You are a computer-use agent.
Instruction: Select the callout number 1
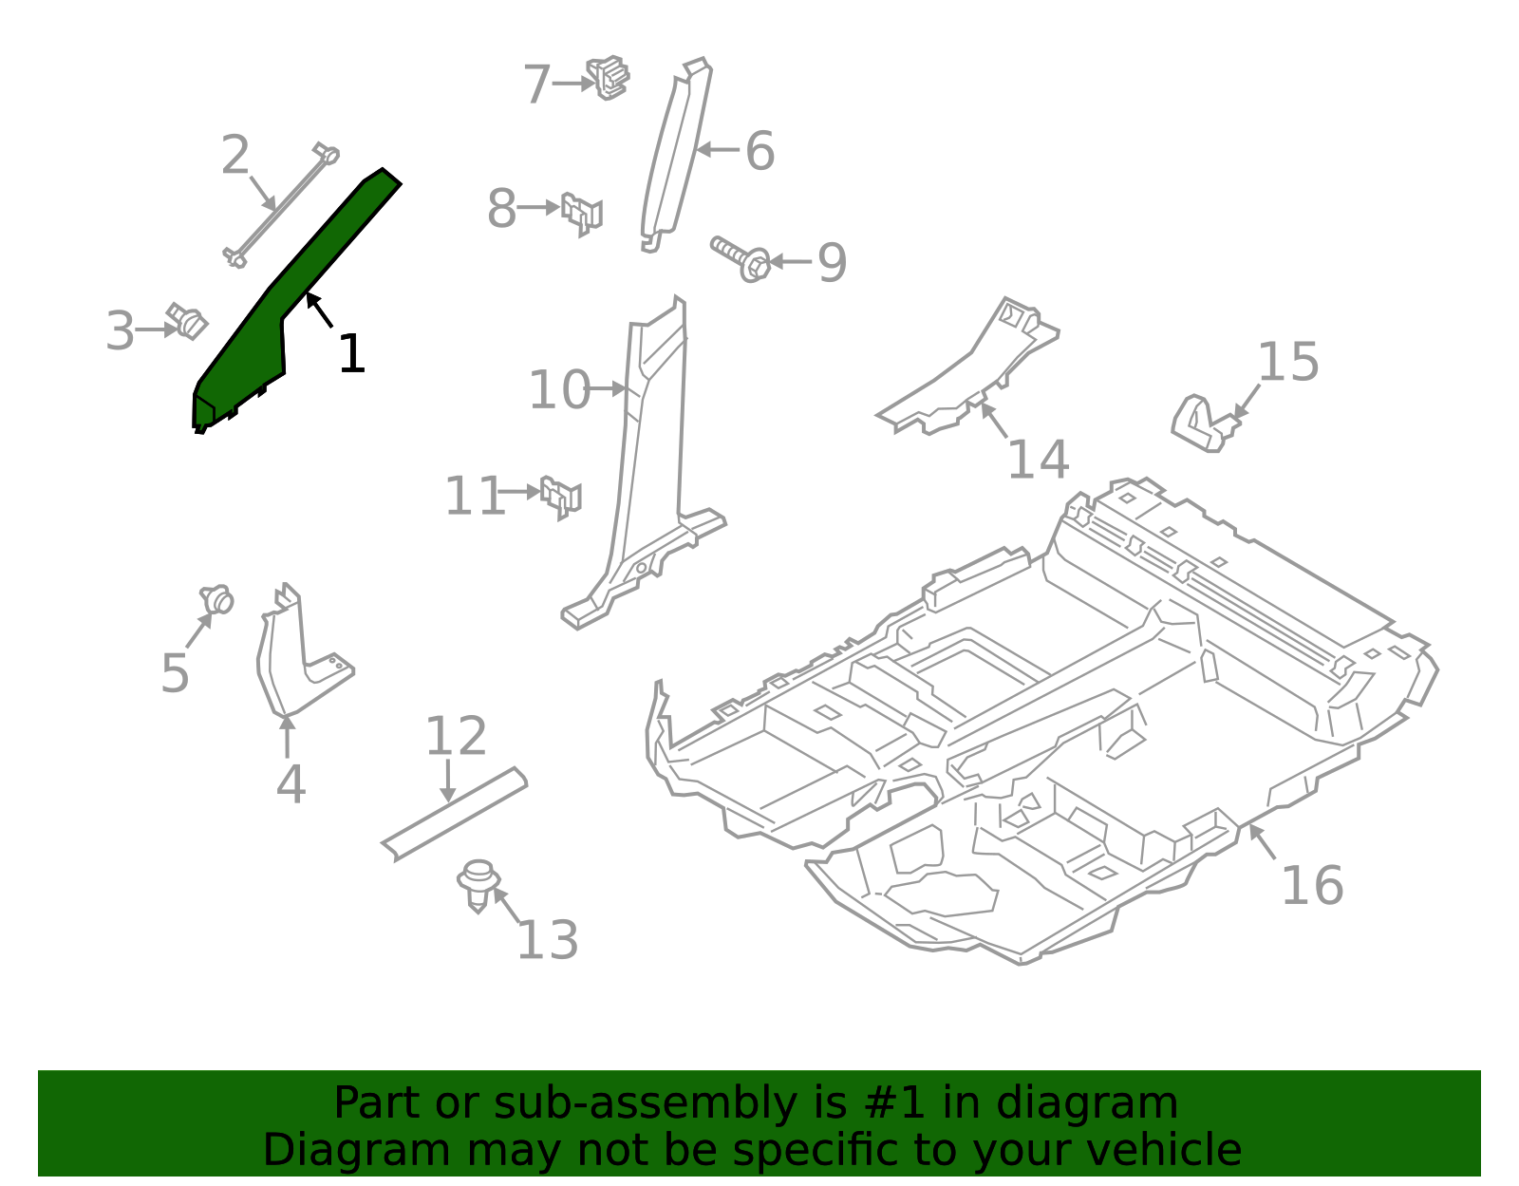click(x=351, y=354)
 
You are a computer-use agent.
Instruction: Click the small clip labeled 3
click(x=188, y=321)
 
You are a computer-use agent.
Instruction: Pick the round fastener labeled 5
click(x=217, y=600)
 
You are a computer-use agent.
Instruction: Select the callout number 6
click(x=759, y=152)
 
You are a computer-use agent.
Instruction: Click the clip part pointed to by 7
click(x=609, y=78)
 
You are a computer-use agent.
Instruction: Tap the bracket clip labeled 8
click(x=581, y=213)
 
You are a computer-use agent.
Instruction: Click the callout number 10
click(x=559, y=390)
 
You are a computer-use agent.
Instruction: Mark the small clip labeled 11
click(x=561, y=496)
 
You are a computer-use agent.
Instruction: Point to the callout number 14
click(x=1038, y=460)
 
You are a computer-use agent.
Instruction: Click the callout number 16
click(x=1312, y=886)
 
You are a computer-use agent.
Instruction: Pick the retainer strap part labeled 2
click(x=280, y=205)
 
